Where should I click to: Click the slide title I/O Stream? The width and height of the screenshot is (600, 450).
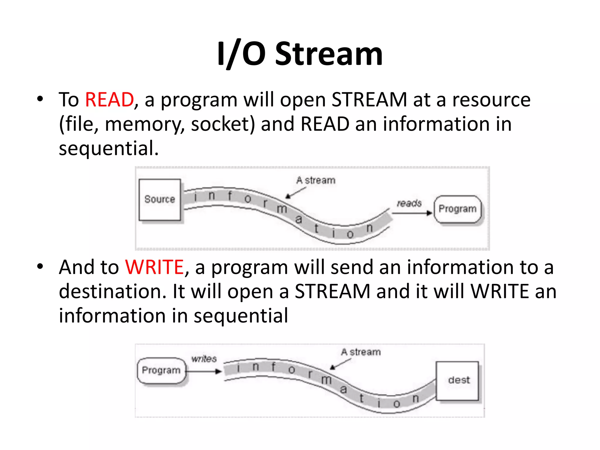coord(300,54)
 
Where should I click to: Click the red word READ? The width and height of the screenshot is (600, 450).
coord(109,100)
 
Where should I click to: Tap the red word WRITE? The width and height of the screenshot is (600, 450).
coord(154,267)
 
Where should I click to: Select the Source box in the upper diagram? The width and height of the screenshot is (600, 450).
coord(160,200)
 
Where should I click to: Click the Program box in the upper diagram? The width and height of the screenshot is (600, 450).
coord(457,209)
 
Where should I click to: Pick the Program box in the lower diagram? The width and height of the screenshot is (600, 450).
coord(161,370)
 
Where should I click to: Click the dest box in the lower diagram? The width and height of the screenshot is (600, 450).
coord(458,380)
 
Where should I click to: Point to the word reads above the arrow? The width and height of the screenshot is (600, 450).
coord(409,203)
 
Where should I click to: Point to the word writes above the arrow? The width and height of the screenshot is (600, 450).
coord(204,359)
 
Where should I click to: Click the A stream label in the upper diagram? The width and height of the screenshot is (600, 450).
coord(316,180)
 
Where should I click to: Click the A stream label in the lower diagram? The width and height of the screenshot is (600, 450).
coord(361,352)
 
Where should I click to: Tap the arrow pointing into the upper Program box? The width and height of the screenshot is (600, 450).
coord(412,213)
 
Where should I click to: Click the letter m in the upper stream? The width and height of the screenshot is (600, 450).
coord(282,209)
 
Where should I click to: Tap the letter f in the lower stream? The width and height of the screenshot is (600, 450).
coord(273,367)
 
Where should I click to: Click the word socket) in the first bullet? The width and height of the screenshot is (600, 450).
coord(223,124)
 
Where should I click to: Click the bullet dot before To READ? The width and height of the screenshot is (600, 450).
coord(40,99)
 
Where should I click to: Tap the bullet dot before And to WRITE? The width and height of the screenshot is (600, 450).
coord(40,266)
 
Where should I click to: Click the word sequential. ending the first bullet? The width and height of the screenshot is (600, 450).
coord(109,148)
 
